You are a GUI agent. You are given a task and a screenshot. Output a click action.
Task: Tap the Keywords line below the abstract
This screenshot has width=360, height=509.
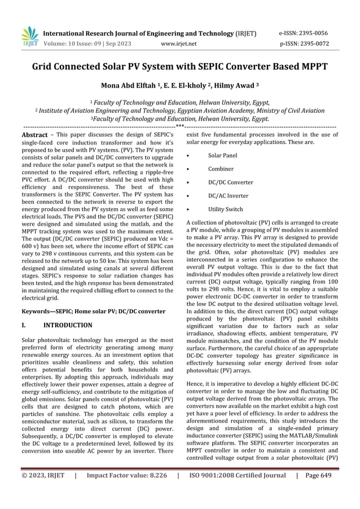pyautogui.click(x=93, y=311)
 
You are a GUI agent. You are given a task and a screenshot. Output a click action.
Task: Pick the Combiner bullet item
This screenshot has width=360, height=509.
pyautogui.click(x=221, y=169)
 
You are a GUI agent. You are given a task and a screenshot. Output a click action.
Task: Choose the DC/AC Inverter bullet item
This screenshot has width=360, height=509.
pyautogui.click(x=228, y=196)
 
